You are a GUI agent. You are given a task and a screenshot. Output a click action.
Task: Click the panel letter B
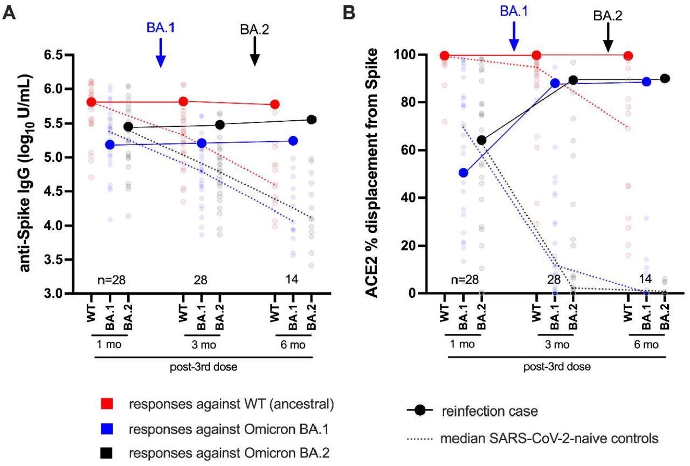(350, 12)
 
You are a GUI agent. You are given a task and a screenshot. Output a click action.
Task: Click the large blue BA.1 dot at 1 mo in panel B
(463, 173)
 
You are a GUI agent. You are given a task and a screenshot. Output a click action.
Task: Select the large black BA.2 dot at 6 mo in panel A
(312, 120)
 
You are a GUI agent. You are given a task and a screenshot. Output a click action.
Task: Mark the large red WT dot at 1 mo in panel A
(92, 102)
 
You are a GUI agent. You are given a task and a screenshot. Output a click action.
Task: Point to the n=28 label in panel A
(109, 280)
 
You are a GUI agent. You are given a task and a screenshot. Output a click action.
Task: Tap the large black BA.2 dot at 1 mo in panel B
(481, 140)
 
